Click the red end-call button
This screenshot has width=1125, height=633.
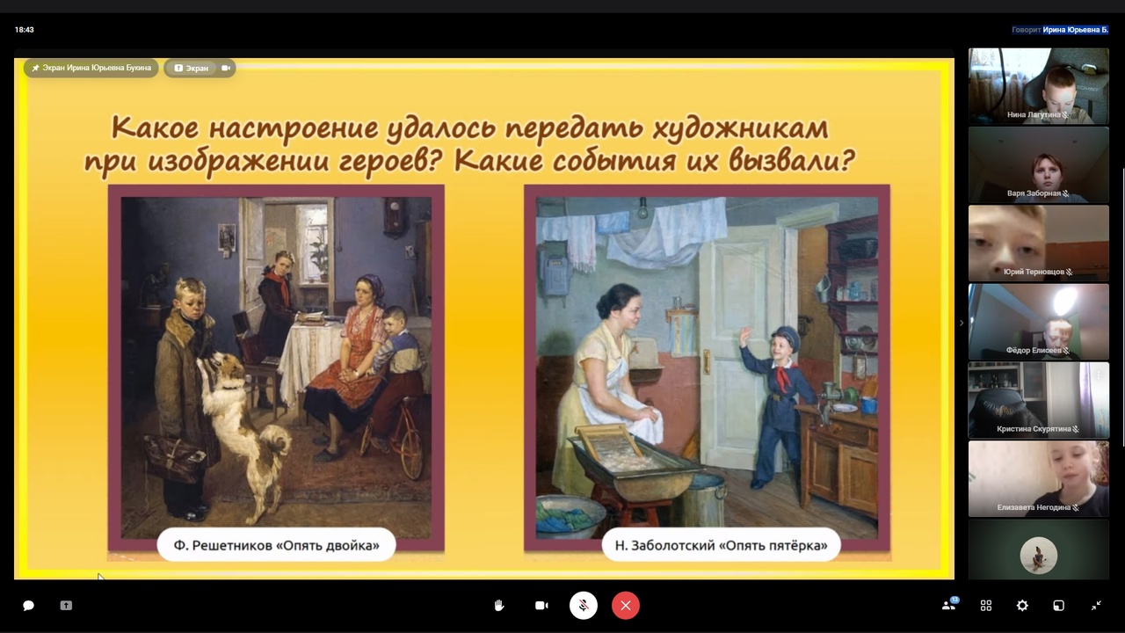coord(625,606)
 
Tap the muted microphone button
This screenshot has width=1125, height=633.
coord(583,606)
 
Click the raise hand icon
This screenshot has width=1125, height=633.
coord(498,606)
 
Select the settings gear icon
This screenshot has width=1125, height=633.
coord(1022,606)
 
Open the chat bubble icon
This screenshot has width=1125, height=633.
coord(29,606)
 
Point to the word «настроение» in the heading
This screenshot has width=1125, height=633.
coord(294,127)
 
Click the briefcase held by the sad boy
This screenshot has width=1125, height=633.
coord(173,456)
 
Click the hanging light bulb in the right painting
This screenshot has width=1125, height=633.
coord(642,209)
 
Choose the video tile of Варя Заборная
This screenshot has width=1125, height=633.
coord(1038,164)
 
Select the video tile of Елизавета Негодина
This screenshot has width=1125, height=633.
coord(1038,479)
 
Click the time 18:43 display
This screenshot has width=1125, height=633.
coord(24,30)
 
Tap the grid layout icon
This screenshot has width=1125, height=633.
coord(986,606)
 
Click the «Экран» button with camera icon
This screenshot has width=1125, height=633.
coord(200,68)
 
